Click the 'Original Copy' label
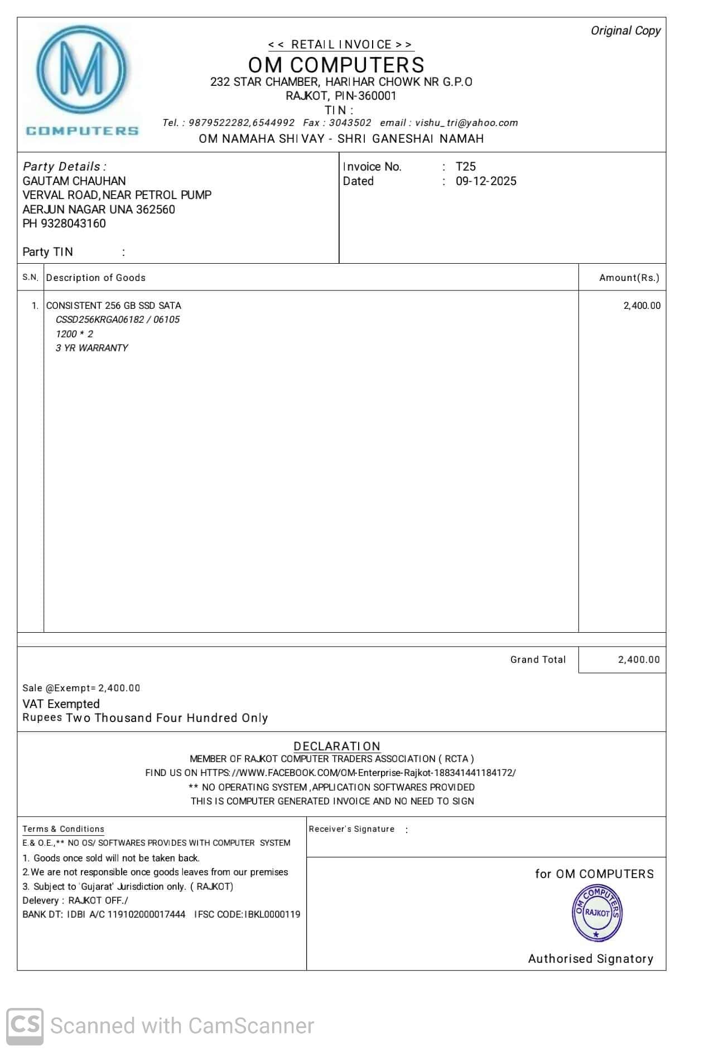pos(625,31)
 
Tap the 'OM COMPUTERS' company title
pos(336,65)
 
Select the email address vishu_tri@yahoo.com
pos(466,123)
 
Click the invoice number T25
pos(465,166)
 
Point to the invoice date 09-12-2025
pos(485,181)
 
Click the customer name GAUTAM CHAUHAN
pos(74,181)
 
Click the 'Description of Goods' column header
pos(95,278)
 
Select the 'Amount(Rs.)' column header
pos(629,278)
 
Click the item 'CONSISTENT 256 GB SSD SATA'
pos(113,306)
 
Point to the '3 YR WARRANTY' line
pos(91,348)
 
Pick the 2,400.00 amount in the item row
pos(642,306)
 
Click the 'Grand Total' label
pos(538,660)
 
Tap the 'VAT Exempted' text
pos(61,704)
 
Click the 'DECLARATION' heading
pos(336,746)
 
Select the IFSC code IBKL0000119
pos(272,914)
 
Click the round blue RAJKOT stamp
pos(597,913)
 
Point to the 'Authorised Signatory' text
pos(590,959)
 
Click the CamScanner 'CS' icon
pos(25,1025)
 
